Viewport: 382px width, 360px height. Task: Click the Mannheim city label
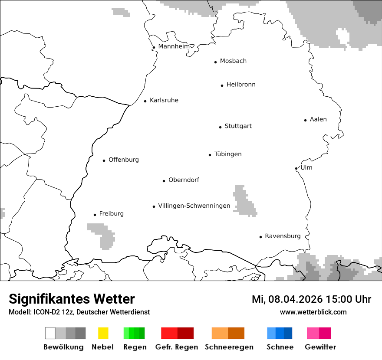174,46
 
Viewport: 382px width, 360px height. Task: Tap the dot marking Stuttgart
220,127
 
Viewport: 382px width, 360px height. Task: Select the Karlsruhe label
164,100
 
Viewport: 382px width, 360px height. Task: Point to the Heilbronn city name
240,85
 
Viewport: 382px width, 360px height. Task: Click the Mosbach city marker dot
215,62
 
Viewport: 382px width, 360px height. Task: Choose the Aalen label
318,119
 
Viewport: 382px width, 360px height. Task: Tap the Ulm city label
306,167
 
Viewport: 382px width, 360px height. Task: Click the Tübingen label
227,154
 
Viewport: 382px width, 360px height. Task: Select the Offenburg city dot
104,160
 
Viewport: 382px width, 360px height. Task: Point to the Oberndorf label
184,180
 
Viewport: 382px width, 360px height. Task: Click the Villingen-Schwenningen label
194,206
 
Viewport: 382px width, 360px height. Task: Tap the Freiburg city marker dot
95,215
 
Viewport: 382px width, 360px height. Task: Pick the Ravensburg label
282,236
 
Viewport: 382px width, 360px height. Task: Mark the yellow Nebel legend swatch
103,333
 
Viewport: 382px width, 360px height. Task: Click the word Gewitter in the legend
320,347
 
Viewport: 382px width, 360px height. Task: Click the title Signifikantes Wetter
72,299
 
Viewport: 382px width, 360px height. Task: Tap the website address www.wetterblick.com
313,312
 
